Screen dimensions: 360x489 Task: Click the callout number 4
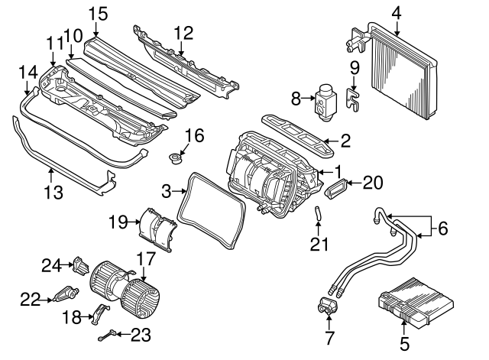[396, 12]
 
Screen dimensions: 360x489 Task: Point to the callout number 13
[52, 193]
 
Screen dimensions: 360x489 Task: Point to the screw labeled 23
[112, 332]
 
